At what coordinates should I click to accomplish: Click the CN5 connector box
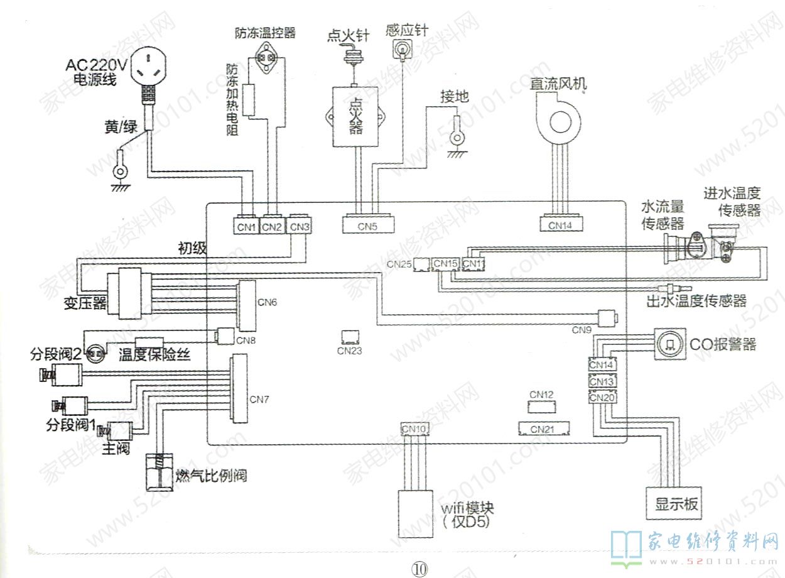pos(369,225)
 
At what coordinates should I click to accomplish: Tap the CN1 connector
pos(246,226)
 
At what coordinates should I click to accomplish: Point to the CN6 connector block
pos(246,306)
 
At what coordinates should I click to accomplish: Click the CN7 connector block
pos(239,390)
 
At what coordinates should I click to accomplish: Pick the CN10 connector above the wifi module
pos(414,429)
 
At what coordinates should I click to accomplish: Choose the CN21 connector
pos(543,429)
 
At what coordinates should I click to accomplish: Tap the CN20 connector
pos(602,398)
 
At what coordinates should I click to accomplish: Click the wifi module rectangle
pos(415,513)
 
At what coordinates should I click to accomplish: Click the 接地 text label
pos(454,97)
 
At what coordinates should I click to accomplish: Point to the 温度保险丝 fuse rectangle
pos(145,343)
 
